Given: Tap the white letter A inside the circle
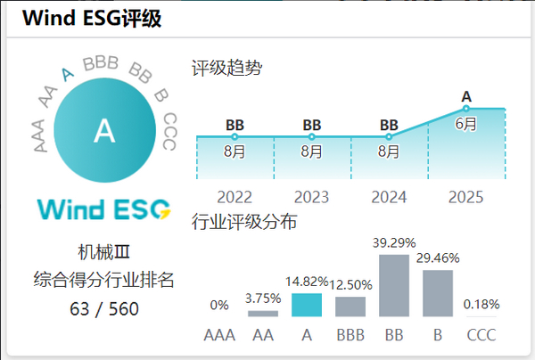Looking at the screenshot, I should (x=104, y=132).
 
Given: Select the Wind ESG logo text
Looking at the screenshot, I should (x=103, y=209).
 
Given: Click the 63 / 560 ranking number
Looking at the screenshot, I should (x=103, y=309).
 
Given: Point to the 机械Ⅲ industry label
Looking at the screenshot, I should (x=103, y=253).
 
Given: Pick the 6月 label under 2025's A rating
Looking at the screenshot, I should (x=465, y=124).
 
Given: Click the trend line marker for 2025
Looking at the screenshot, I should (x=465, y=109).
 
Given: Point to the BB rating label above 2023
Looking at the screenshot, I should (x=311, y=125).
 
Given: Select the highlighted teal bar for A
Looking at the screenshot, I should (x=306, y=306).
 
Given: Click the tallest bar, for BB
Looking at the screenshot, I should (x=393, y=285).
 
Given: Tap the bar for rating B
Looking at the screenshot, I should (x=437, y=293).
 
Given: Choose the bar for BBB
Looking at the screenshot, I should (x=350, y=307).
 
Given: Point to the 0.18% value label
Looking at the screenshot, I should (x=481, y=304).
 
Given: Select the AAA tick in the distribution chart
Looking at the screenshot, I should (x=218, y=336).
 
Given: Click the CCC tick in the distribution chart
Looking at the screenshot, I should (x=481, y=336).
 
